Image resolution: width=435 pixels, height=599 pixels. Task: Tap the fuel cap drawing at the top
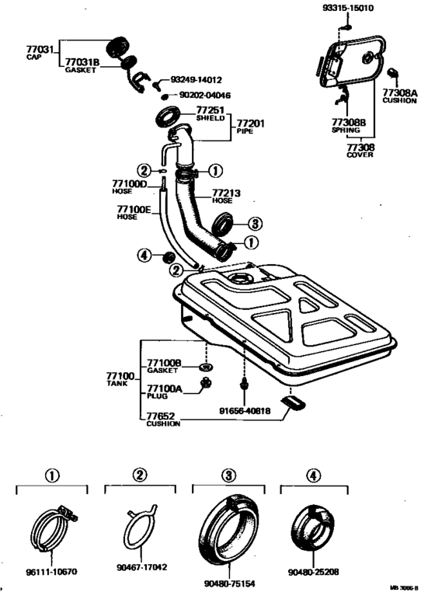117,46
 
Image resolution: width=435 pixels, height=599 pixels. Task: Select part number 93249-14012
196,80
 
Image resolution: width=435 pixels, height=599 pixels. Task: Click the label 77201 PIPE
251,126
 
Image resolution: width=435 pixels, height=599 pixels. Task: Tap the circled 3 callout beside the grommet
255,223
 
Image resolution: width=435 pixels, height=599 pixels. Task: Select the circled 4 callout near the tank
144,255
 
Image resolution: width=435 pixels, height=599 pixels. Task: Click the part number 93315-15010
348,8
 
